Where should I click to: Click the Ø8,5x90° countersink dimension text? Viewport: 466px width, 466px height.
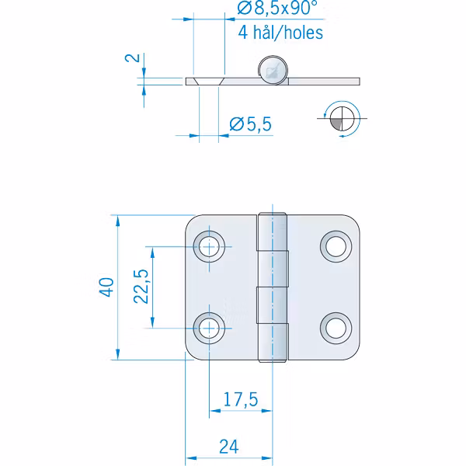pos(277,8)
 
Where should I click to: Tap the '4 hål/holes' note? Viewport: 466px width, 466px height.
pos(280,33)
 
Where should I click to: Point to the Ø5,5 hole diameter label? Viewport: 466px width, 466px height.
pos(251,124)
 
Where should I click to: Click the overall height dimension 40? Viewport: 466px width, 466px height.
pos(106,287)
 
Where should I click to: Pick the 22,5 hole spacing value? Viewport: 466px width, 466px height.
pos(141,287)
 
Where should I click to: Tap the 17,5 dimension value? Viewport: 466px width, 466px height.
pos(241,399)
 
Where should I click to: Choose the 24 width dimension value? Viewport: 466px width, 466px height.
pos(229,447)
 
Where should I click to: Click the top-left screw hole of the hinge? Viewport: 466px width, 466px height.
pos(209,246)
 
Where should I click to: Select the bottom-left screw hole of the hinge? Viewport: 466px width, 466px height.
pos(209,328)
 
